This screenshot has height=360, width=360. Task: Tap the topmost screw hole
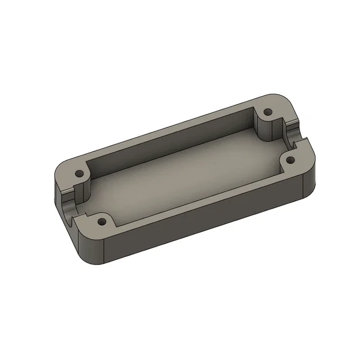click(267, 112)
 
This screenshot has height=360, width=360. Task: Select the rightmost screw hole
click(290, 160)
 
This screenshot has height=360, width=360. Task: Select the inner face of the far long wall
click(173, 136)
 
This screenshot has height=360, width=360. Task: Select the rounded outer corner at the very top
click(276, 98)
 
